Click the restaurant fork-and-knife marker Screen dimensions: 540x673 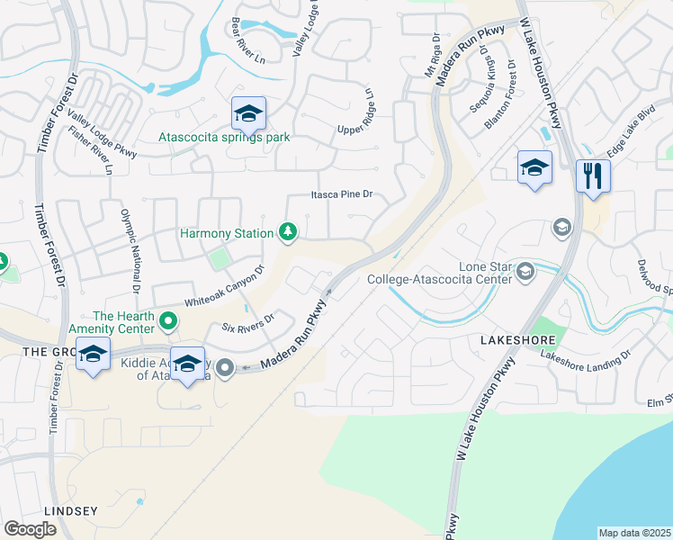[x=592, y=175]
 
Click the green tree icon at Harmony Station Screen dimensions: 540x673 [x=288, y=233]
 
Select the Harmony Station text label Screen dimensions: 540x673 [x=227, y=234]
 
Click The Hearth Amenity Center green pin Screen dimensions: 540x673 [x=167, y=320]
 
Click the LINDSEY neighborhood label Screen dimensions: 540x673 [x=69, y=510]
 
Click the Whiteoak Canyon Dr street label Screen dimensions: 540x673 [x=224, y=284]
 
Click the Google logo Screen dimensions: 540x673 [x=30, y=529]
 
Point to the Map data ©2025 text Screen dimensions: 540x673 [x=634, y=533]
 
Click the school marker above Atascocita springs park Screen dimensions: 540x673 [x=248, y=113]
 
